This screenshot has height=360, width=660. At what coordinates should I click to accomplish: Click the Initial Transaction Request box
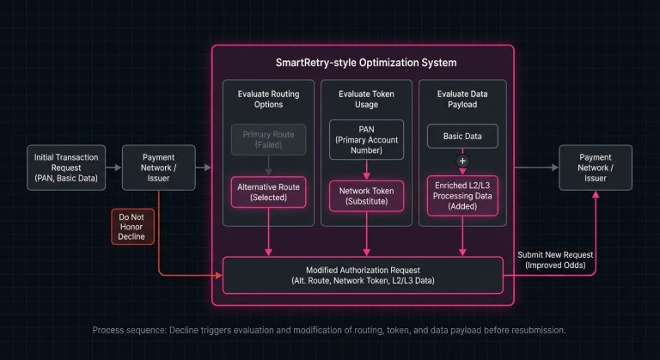65,168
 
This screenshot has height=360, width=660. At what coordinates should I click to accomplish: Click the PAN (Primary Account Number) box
366,139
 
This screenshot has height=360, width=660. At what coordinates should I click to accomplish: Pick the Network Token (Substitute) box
366,193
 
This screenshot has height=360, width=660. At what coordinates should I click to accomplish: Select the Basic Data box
463,136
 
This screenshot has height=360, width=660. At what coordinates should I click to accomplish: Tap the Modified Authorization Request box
363,275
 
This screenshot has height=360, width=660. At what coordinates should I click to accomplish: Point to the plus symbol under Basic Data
463,161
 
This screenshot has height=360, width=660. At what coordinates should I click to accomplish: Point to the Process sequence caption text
329,331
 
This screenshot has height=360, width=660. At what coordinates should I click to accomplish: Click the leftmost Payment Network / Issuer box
158,168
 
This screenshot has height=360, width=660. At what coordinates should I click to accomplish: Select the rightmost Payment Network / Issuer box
595,168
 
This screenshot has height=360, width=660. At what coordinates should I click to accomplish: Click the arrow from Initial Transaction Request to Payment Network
113,168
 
